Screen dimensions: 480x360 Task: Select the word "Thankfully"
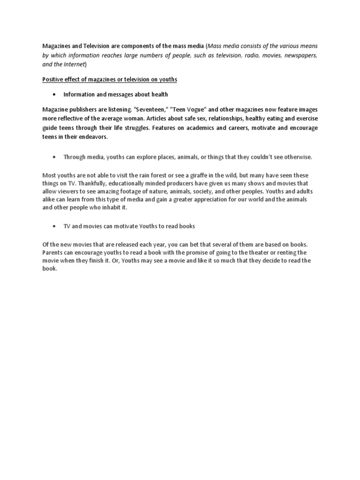(89, 184)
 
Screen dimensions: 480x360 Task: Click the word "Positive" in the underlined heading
(52, 80)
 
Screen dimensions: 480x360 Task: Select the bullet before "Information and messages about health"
(55, 95)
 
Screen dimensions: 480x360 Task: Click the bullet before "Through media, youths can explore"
(55, 157)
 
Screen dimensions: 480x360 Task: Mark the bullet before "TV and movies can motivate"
(55, 226)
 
